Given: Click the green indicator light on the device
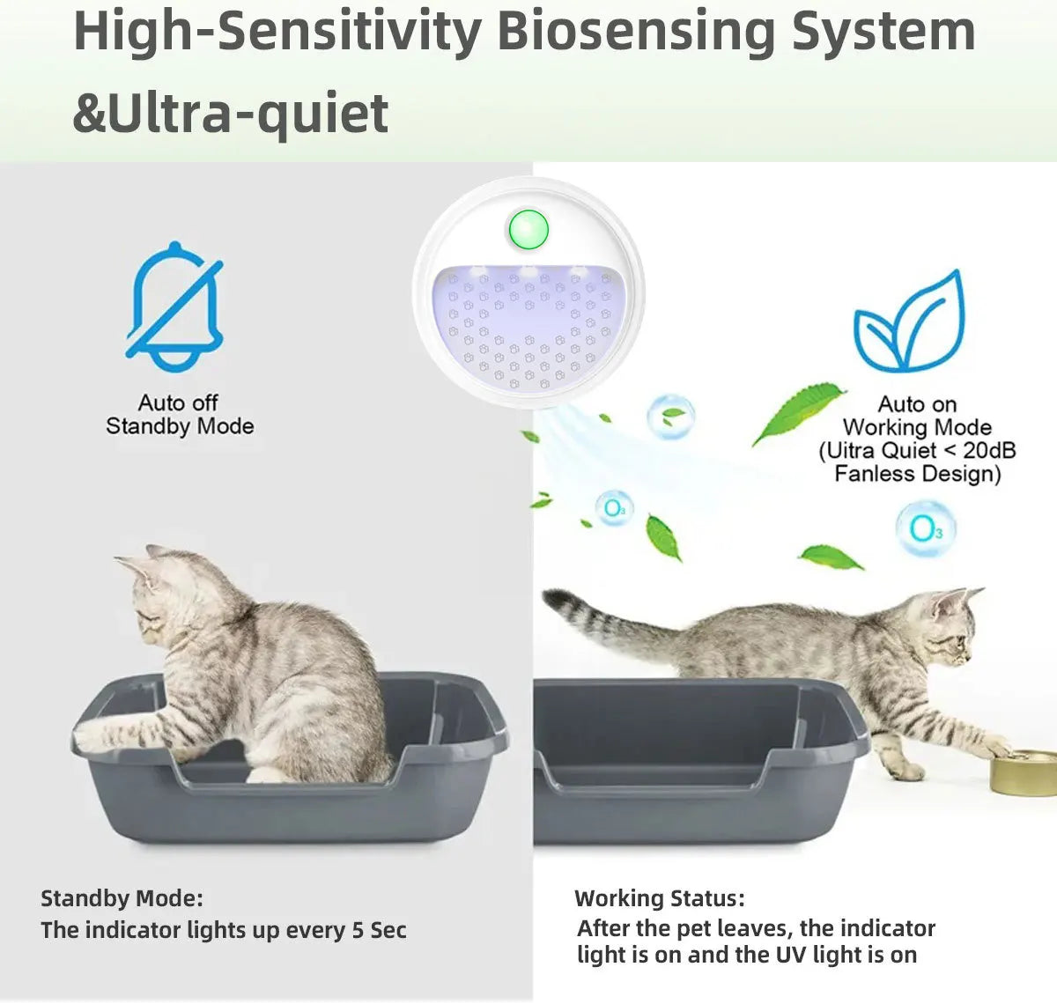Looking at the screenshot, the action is coord(528,230).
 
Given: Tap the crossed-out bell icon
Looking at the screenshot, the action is coord(174,307).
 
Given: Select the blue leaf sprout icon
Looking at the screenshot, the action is coord(910,321).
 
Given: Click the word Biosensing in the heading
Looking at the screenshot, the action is coord(637,33).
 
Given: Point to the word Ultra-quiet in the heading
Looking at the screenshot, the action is coord(248,113).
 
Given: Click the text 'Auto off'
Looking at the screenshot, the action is coord(178,402).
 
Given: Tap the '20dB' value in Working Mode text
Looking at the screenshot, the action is coord(989,450).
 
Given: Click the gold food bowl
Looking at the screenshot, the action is coord(1024,772).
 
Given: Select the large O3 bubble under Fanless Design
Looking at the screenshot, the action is coord(926,528).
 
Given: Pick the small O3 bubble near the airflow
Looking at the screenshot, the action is coord(614,508).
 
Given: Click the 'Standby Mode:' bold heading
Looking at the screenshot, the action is coord(122,898).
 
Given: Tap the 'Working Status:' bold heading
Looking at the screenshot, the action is coord(660,898).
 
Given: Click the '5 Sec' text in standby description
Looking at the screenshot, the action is coord(379,930).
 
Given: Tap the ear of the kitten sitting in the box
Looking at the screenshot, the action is coord(158,553).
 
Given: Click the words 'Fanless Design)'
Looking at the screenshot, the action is coord(918,474).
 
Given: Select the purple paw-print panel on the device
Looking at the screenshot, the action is coord(528,327).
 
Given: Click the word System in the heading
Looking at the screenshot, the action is coord(883,33).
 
